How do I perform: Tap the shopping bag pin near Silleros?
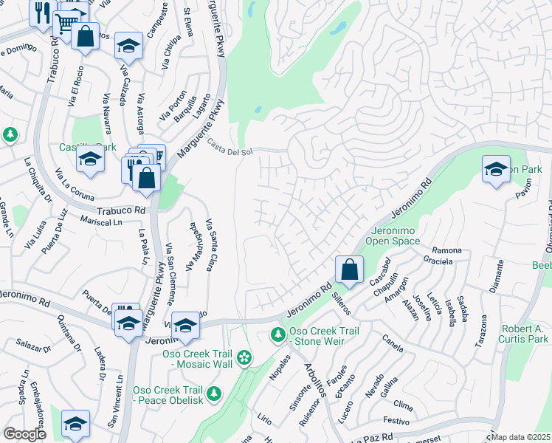(x=350, y=269)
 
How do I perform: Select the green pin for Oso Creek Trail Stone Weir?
(x=278, y=335)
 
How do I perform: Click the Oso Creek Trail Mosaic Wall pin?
(x=244, y=359)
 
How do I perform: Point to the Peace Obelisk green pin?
(x=214, y=393)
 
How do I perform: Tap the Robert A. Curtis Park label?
(x=523, y=333)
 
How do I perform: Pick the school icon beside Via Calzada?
(x=128, y=46)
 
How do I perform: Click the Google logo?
(x=24, y=434)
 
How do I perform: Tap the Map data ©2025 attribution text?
(x=521, y=437)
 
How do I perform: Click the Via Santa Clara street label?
(x=210, y=244)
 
